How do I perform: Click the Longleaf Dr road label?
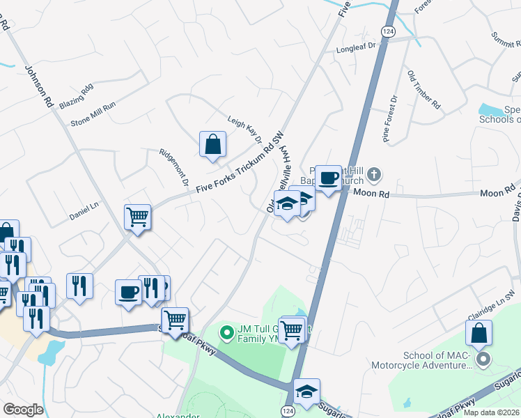point(355,47)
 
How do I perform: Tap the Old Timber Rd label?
point(424,89)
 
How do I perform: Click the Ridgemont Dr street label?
point(174,167)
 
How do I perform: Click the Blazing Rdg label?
point(76,98)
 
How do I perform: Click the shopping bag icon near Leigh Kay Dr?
point(213,144)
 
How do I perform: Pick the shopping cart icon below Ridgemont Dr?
point(138,217)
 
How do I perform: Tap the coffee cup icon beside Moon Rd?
point(328,178)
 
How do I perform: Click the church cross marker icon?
point(374,173)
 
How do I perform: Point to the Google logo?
point(23,410)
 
